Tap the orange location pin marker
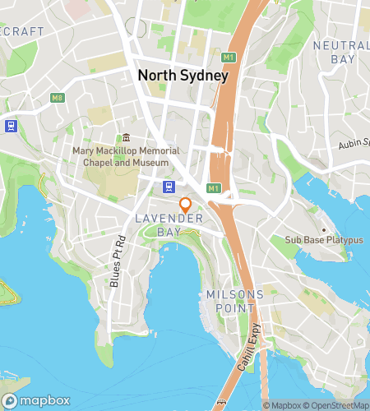coord(186,205)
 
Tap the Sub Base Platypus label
coord(323,240)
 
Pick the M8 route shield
coord(57,98)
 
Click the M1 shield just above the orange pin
coord(213,188)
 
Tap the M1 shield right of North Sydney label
coord(228,57)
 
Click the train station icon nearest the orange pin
coord(169,187)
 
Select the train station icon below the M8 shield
coord(11,126)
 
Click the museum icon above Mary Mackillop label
coord(126,137)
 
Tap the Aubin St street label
coord(354,145)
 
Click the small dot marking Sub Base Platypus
coord(323,229)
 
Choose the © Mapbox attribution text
coord(282,404)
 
